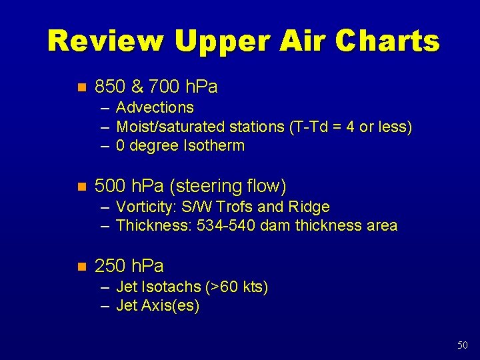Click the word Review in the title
(105, 41)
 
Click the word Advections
(155, 107)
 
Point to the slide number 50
(463, 345)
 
